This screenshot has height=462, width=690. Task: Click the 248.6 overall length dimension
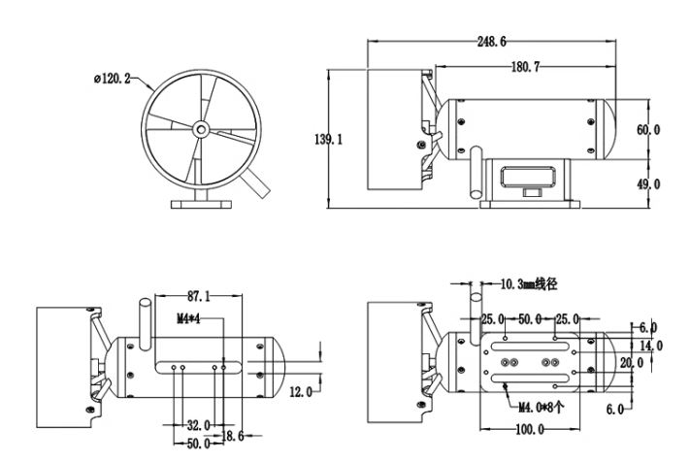pyautogui.click(x=491, y=42)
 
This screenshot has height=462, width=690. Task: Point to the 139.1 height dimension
pyautogui.click(x=329, y=140)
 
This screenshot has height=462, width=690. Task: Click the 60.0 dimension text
pyautogui.click(x=648, y=129)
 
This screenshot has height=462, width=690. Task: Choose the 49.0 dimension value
pyautogui.click(x=648, y=183)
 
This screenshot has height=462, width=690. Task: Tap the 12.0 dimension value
pyautogui.click(x=301, y=391)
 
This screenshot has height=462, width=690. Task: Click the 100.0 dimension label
pyautogui.click(x=529, y=429)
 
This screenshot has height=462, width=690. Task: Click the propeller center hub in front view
pyautogui.click(x=199, y=128)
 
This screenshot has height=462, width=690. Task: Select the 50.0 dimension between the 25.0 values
pyautogui.click(x=530, y=318)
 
